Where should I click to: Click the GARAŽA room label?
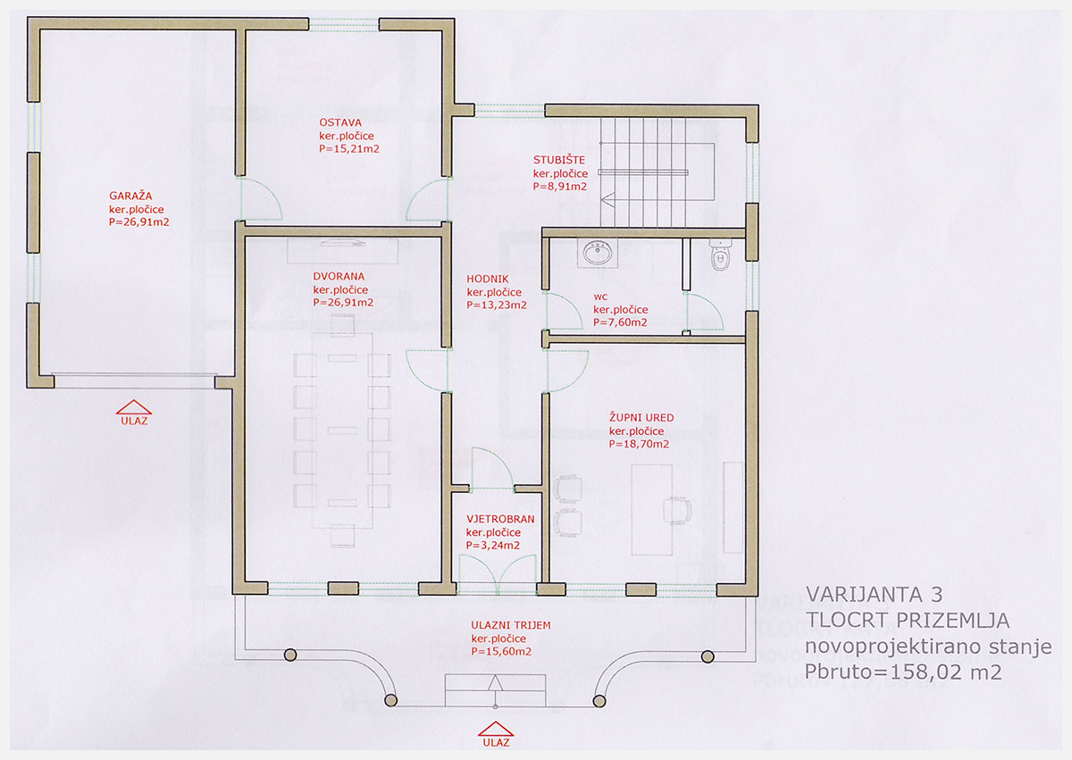pos(130,196)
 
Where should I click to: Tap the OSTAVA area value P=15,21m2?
pos(349,149)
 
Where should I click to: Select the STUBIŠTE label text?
pos(559,160)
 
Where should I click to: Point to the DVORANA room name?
pos(339,277)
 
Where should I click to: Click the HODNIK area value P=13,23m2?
pos(497,305)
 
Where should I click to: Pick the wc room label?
pos(600,296)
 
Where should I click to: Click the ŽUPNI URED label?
pos(641,418)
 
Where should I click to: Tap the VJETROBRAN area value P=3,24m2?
pos(492,546)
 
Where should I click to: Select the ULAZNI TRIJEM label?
pos(511,625)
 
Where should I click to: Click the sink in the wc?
pos(597,253)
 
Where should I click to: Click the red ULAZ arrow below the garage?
pos(134,407)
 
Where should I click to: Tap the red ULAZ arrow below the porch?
pos(495,729)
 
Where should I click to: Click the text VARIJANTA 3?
pos(874,595)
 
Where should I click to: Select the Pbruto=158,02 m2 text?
pos(902,672)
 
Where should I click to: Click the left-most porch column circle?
pos(290,655)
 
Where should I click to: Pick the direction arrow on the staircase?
pos(607,199)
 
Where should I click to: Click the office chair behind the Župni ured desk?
pos(677,510)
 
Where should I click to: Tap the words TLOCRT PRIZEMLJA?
pos(908,621)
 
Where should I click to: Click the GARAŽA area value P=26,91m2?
pos(138,221)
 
